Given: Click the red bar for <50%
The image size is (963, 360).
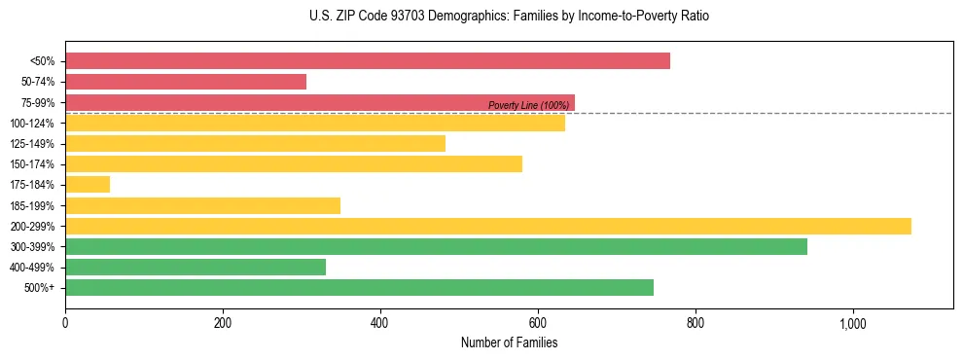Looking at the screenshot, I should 368,61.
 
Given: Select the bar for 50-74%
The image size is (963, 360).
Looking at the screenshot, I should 186,82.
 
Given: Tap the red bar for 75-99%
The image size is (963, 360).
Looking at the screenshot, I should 320,102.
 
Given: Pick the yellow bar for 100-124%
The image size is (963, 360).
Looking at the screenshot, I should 315,123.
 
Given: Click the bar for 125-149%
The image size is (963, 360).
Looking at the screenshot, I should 255,144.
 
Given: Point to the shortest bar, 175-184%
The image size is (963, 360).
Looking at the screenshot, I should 88,185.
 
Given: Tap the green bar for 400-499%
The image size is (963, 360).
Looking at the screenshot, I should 196,268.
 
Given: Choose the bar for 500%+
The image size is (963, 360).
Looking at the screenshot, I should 359,288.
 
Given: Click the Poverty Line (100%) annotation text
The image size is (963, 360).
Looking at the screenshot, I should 528,105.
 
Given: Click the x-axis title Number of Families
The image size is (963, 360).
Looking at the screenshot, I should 509,342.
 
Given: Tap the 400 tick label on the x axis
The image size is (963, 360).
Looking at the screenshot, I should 380,322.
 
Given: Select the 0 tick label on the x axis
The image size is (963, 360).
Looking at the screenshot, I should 65,322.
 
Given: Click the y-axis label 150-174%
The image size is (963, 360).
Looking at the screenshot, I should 32,164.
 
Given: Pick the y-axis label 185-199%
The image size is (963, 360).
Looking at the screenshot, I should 32,206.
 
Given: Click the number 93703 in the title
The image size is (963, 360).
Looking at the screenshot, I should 395,17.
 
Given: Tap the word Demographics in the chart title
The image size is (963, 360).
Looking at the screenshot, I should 453,17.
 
